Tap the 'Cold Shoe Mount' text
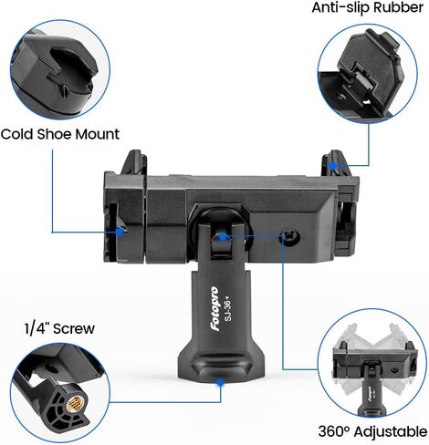[60, 134]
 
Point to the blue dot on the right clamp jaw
[334, 166]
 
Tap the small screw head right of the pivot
[290, 235]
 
